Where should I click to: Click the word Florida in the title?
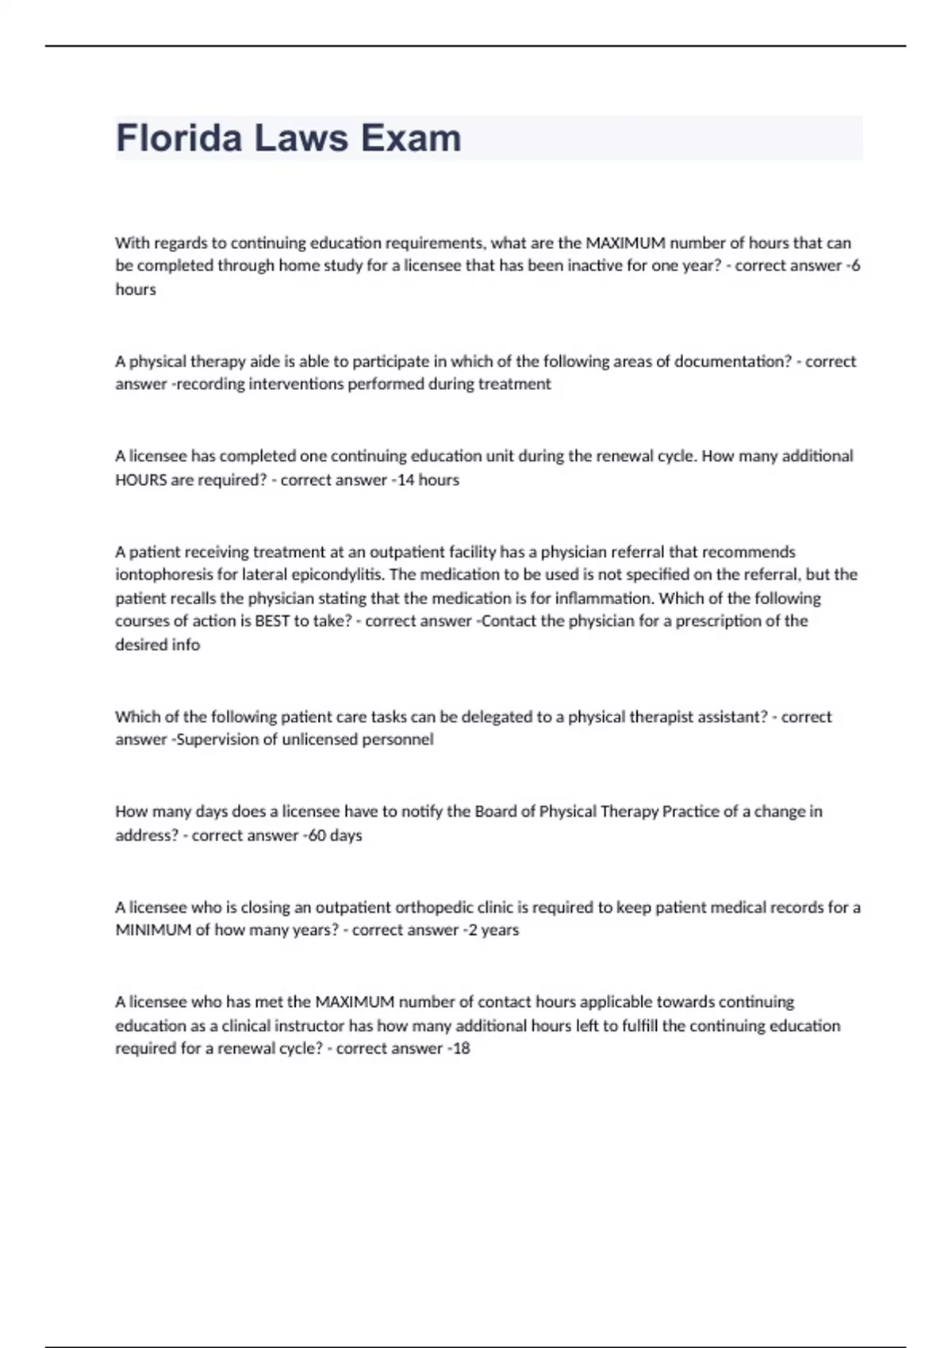pos(178,138)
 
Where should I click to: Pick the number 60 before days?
pos(317,835)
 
